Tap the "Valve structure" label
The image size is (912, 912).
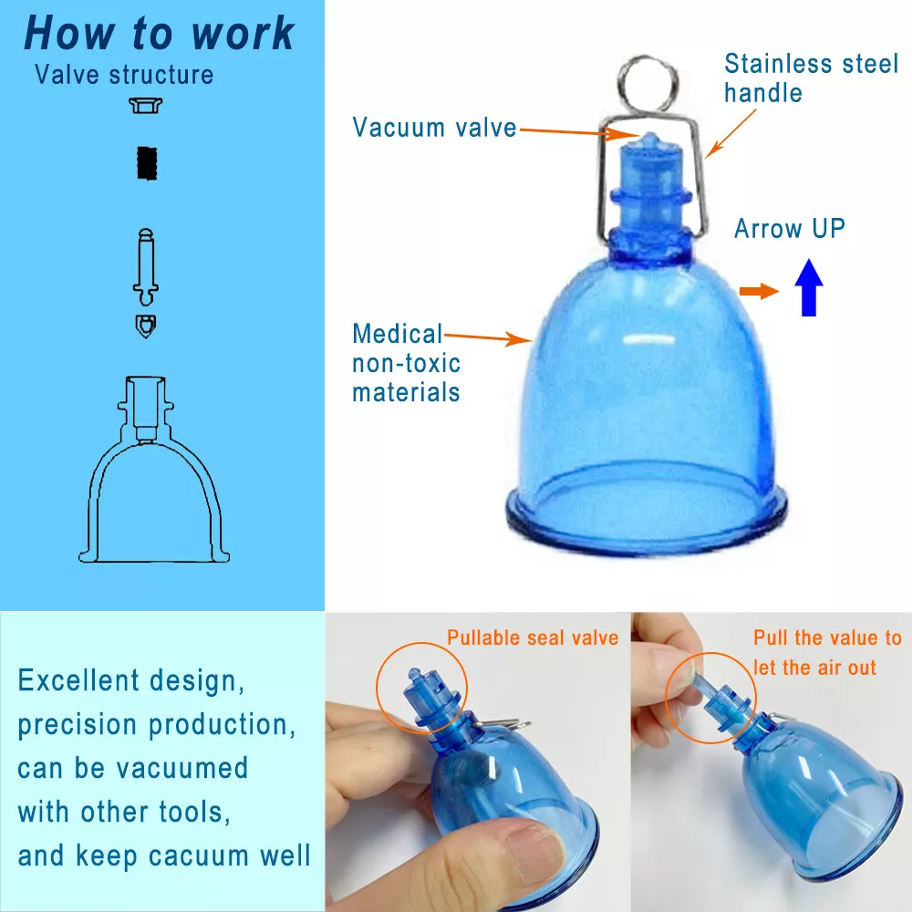pyautogui.click(x=124, y=74)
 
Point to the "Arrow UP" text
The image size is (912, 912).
pyautogui.click(x=790, y=228)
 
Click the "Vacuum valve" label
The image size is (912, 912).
pyautogui.click(x=434, y=127)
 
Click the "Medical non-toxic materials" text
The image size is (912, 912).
pyautogui.click(x=406, y=363)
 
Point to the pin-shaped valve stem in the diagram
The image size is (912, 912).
pyautogui.click(x=146, y=264)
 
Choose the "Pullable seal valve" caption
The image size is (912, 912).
pyautogui.click(x=533, y=637)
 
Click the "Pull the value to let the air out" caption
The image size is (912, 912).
pyautogui.click(x=826, y=652)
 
